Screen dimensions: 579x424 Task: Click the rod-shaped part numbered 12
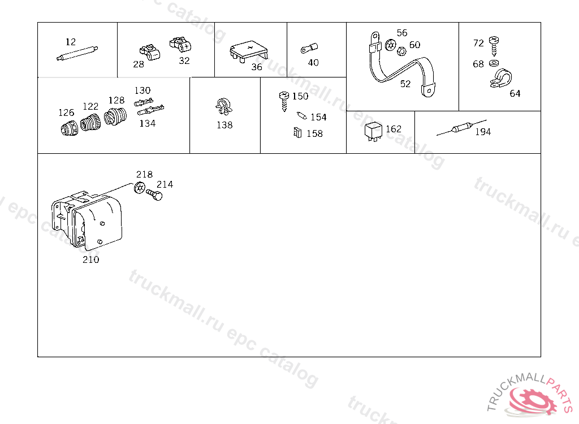click(x=77, y=53)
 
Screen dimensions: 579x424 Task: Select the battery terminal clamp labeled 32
click(x=180, y=45)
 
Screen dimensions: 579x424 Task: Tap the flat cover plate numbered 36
click(x=249, y=51)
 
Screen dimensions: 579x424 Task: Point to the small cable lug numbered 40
click(x=309, y=49)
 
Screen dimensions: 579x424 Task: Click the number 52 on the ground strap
click(x=405, y=84)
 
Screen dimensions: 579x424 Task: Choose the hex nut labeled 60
click(x=401, y=51)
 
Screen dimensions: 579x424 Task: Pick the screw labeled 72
click(x=494, y=45)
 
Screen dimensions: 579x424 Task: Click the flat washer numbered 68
click(x=494, y=63)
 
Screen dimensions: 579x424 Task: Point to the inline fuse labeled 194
click(x=461, y=128)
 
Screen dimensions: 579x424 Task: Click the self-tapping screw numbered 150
click(x=284, y=101)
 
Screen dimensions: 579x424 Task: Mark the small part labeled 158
click(x=297, y=132)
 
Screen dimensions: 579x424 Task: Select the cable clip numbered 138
click(x=224, y=107)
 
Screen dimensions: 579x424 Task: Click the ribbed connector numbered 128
click(x=115, y=116)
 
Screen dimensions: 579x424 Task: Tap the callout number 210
click(x=91, y=259)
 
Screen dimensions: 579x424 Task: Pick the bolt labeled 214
click(x=154, y=194)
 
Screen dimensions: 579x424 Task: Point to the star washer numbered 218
click(x=140, y=188)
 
